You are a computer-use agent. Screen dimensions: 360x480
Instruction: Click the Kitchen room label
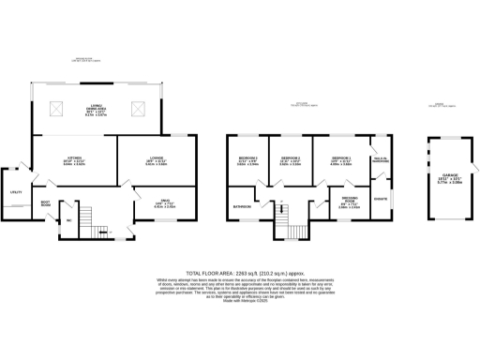(x=74, y=158)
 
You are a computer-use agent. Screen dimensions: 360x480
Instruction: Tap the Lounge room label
(x=156, y=158)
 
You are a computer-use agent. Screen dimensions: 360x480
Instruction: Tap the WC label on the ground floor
(x=69, y=221)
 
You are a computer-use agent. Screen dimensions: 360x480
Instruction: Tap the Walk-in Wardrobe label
(x=380, y=160)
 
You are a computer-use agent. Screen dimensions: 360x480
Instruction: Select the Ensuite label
(x=381, y=199)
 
